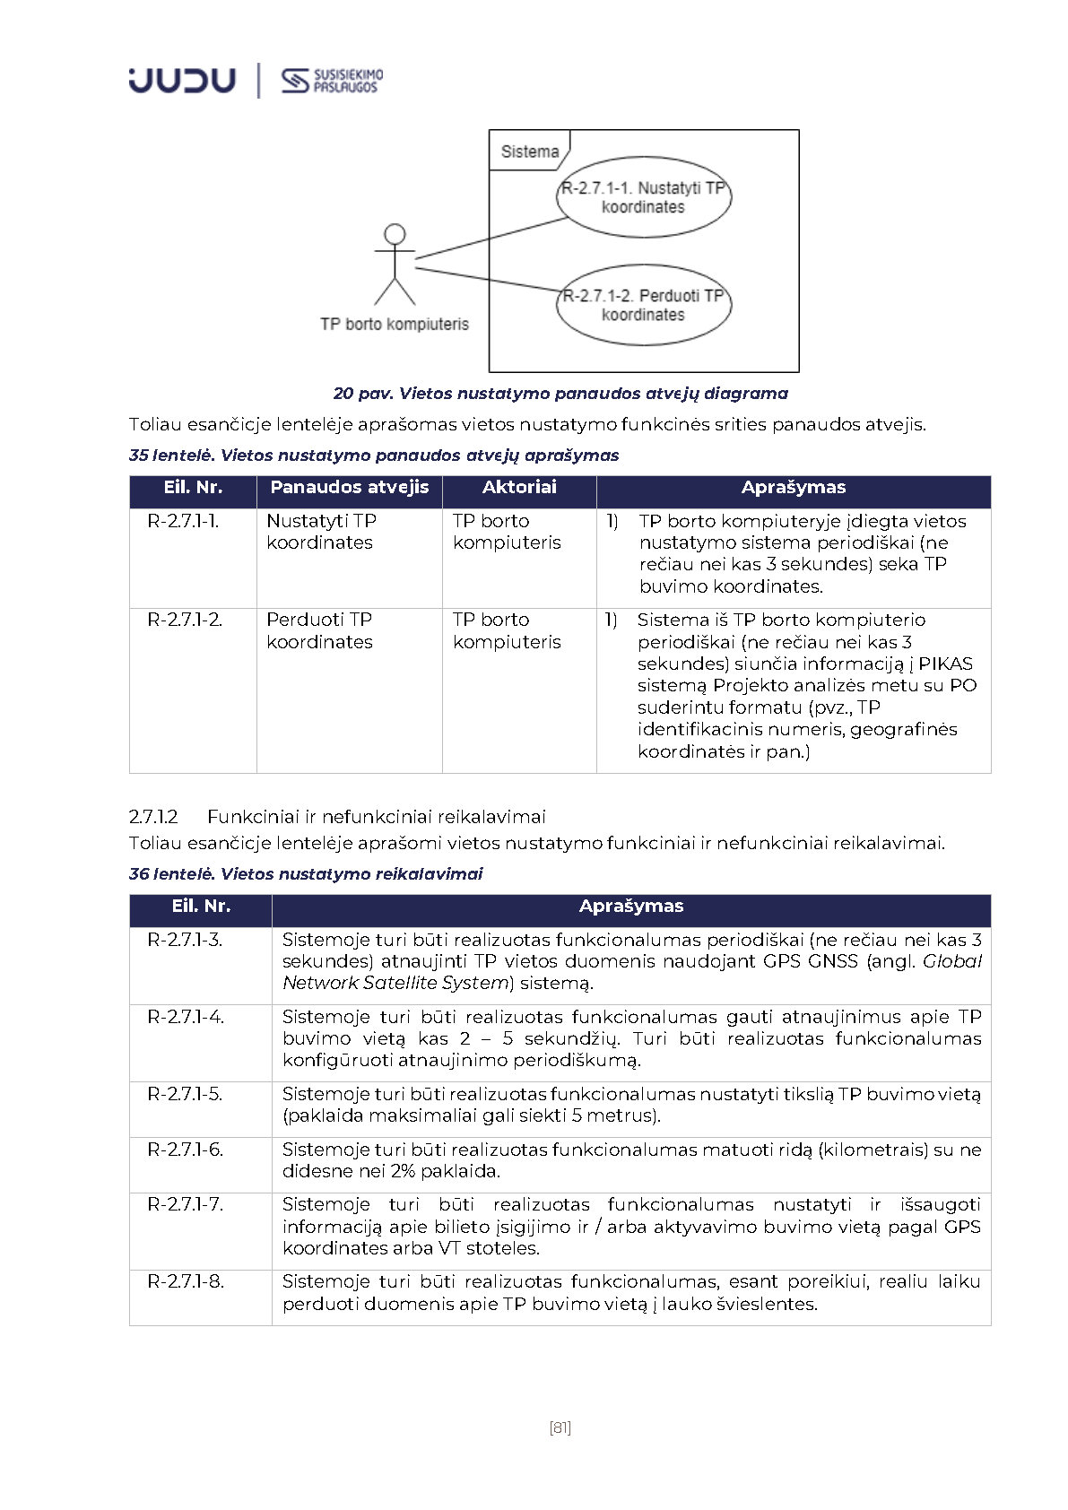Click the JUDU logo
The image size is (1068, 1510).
(182, 80)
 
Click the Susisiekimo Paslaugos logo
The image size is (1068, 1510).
(331, 81)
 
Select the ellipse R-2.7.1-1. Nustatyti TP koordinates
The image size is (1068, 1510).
(643, 197)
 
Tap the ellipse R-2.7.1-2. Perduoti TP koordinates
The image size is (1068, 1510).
(643, 305)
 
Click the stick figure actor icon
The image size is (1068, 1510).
(395, 265)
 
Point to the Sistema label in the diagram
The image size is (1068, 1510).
(529, 152)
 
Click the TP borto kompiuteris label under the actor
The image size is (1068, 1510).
(395, 324)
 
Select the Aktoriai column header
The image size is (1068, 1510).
(519, 488)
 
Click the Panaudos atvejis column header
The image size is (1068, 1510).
(349, 488)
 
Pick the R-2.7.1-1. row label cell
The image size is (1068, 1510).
(183, 521)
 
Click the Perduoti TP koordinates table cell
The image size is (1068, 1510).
(319, 630)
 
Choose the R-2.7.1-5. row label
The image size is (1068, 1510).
(185, 1094)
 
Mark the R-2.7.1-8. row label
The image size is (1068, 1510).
(185, 1281)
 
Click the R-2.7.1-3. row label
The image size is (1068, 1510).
(185, 940)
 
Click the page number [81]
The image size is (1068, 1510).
(560, 1428)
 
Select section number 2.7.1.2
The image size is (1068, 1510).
(153, 817)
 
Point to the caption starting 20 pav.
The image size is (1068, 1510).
(560, 394)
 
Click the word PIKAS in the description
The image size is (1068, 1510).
(945, 664)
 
